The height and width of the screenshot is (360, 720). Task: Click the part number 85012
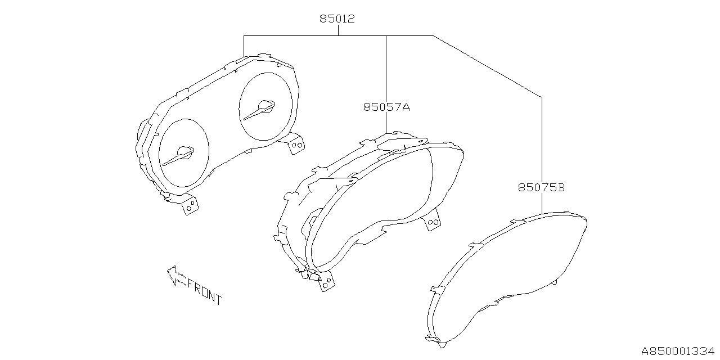click(x=337, y=19)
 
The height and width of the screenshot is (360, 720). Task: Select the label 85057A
click(x=386, y=107)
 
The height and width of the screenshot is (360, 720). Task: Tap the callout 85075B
click(x=541, y=187)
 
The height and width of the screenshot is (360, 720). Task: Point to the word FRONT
click(x=204, y=292)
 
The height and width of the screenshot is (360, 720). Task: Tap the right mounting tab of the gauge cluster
click(x=296, y=143)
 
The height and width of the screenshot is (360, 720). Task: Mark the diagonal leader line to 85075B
click(x=487, y=66)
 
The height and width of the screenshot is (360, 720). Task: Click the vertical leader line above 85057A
click(x=386, y=67)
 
